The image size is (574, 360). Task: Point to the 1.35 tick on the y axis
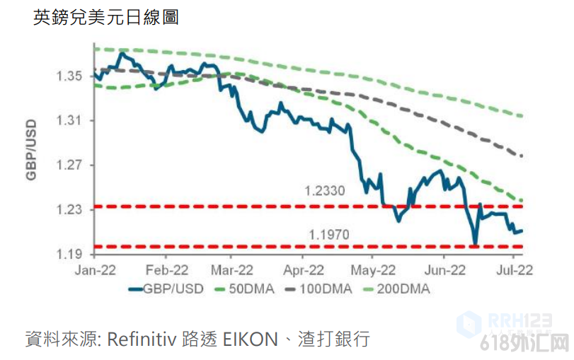[x=69, y=76]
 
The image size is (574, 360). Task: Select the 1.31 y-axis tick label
[x=69, y=121]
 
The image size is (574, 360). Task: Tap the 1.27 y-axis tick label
[x=69, y=166]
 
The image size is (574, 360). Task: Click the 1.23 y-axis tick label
[x=69, y=210]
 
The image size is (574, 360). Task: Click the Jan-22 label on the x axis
[x=95, y=269]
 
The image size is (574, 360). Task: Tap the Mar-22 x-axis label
[x=231, y=269]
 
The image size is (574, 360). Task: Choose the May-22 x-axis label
[x=373, y=269]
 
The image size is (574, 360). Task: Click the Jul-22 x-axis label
[x=512, y=269]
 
